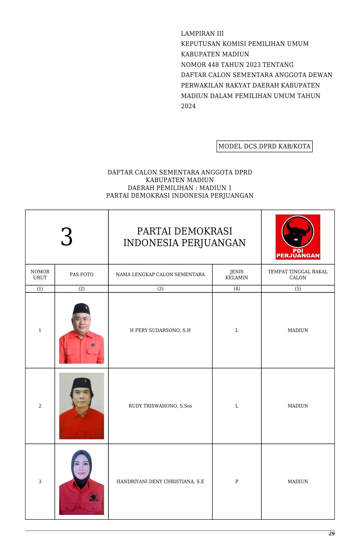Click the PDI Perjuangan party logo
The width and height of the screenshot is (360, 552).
click(x=298, y=237)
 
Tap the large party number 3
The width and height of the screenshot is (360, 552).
click(x=67, y=237)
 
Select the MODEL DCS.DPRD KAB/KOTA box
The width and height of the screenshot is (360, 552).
click(x=264, y=146)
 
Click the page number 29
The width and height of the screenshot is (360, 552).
click(x=331, y=534)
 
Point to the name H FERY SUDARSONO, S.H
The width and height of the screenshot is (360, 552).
click(x=160, y=330)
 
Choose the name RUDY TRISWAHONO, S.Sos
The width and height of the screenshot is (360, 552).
click(x=160, y=406)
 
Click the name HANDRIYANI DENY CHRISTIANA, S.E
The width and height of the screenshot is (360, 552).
click(x=160, y=481)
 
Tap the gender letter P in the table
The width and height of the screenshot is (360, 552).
click(x=237, y=481)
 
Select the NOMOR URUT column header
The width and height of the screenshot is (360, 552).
click(x=40, y=274)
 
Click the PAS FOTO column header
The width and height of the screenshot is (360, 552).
click(x=81, y=274)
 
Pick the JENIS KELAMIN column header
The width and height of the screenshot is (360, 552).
click(x=237, y=274)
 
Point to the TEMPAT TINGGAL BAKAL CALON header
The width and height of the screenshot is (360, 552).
click(x=298, y=274)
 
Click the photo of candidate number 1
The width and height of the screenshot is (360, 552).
click(x=81, y=333)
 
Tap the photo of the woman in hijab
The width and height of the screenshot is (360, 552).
click(x=81, y=482)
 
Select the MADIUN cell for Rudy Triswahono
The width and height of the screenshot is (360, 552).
click(x=298, y=406)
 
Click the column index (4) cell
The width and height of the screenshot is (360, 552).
click(x=237, y=289)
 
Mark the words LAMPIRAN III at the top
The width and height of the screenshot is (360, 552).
click(x=202, y=34)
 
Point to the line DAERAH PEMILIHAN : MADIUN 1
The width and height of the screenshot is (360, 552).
click(x=180, y=188)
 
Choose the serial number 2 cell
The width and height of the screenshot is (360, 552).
click(x=40, y=406)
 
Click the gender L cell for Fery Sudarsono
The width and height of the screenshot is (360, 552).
click(x=237, y=330)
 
